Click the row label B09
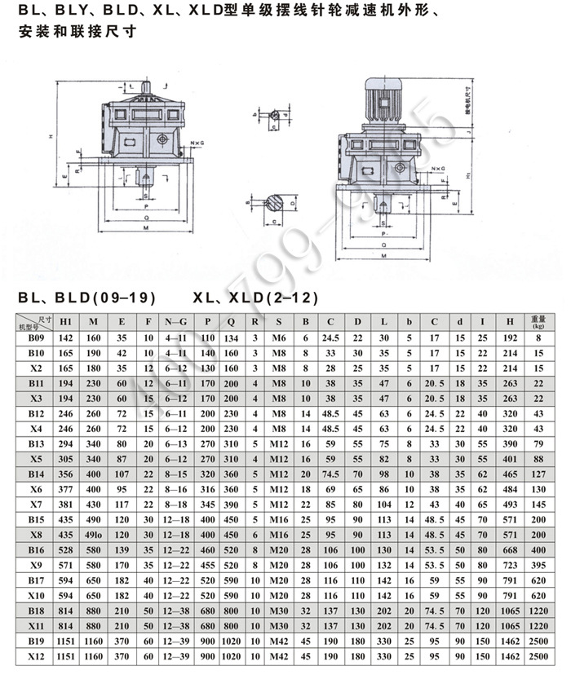(36, 337)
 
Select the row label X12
(36, 656)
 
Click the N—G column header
(175, 320)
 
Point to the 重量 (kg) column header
(538, 320)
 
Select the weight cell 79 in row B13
(538, 443)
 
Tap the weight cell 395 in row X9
(538, 565)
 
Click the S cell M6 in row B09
(279, 337)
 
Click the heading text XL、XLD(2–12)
(255, 298)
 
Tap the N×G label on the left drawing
(197, 143)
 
